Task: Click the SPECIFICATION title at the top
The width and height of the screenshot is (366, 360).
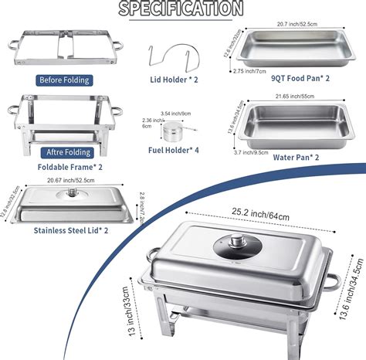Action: click(x=184, y=8)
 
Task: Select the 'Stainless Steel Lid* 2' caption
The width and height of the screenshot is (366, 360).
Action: click(x=71, y=229)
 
